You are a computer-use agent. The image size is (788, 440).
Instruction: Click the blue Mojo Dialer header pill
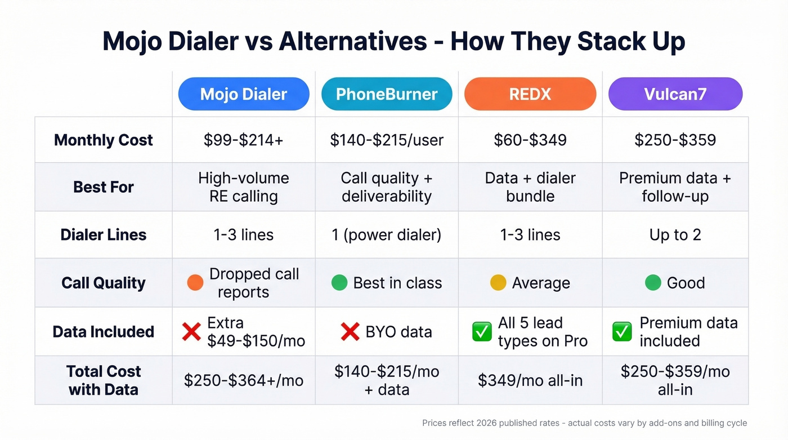(x=244, y=94)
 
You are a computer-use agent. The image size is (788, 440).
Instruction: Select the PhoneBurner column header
(x=387, y=94)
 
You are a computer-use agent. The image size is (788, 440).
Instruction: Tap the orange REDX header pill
(x=530, y=94)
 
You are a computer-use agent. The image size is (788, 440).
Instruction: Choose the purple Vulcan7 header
(x=675, y=94)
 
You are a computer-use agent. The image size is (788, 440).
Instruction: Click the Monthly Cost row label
(x=104, y=140)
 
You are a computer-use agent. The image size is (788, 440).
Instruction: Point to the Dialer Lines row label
(x=104, y=234)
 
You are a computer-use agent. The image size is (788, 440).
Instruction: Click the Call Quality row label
(x=104, y=282)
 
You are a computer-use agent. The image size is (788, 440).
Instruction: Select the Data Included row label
(x=104, y=331)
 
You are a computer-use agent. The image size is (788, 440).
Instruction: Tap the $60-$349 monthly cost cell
(x=530, y=140)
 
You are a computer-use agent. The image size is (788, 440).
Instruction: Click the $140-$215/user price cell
(x=387, y=140)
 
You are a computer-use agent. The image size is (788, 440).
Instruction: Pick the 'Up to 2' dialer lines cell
(x=675, y=234)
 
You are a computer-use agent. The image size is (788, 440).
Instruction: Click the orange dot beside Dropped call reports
(x=195, y=283)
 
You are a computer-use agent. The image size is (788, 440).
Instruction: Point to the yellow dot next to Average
(x=498, y=283)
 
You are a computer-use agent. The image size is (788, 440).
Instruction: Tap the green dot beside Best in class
(x=339, y=283)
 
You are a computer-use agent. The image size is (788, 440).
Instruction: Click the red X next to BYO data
(x=350, y=332)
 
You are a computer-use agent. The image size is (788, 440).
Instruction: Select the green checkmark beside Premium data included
(x=622, y=332)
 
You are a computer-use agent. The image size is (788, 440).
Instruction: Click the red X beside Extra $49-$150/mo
(x=191, y=332)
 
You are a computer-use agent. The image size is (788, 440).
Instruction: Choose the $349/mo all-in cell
(x=530, y=380)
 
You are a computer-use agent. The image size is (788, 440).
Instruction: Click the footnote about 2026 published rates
(x=584, y=423)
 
